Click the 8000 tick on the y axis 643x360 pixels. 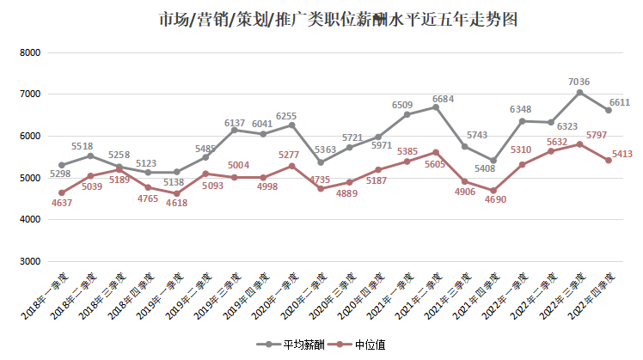click(30, 52)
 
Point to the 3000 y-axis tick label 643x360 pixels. click(30, 261)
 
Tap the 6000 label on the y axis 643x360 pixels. click(30, 136)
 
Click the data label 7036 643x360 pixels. click(579, 82)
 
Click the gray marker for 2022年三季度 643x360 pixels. click(579, 93)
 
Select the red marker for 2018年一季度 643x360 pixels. click(61, 192)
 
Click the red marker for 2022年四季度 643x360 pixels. click(609, 161)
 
